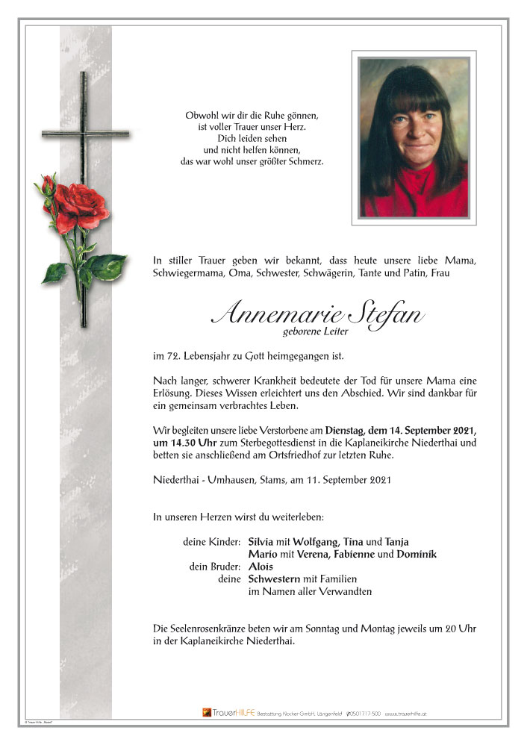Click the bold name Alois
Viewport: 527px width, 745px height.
pos(261,567)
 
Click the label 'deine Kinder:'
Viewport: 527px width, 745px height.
pos(211,541)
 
